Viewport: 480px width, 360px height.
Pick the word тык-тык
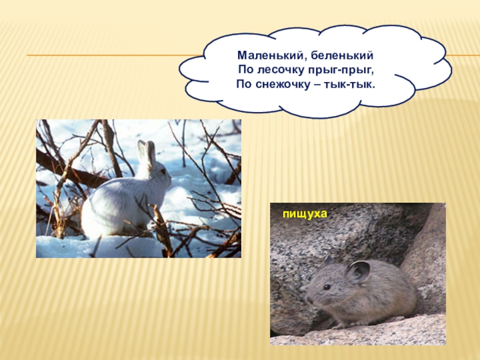[354, 85]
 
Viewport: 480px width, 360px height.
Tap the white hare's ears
[146, 151]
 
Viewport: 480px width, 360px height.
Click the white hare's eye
[161, 172]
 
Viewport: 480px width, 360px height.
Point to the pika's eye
[326, 287]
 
